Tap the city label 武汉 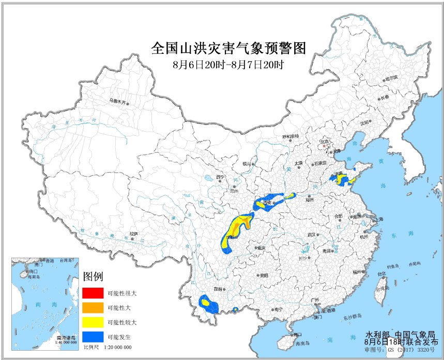tap(311, 234)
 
